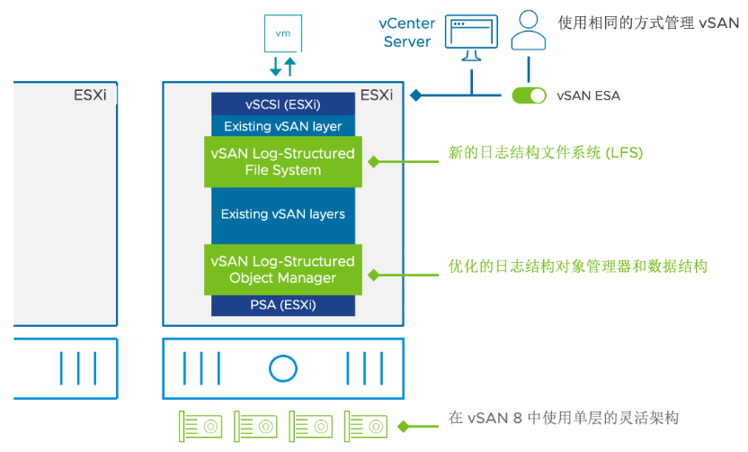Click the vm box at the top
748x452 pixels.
(282, 32)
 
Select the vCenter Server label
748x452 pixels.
(406, 33)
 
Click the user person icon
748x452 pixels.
(529, 32)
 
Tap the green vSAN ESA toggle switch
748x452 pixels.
(529, 95)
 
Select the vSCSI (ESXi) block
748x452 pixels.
(283, 104)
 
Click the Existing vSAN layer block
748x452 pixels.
(283, 126)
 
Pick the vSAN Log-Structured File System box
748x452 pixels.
(283, 161)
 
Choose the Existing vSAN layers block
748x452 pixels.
(283, 214)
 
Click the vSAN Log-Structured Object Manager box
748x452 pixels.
(283, 269)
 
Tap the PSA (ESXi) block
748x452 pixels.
(283, 305)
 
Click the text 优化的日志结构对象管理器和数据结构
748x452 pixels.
(577, 267)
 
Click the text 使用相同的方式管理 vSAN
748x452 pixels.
(648, 23)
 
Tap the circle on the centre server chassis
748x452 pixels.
(282, 367)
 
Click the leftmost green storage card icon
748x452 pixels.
(201, 423)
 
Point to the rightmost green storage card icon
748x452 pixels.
(367, 423)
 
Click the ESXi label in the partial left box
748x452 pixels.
(90, 95)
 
